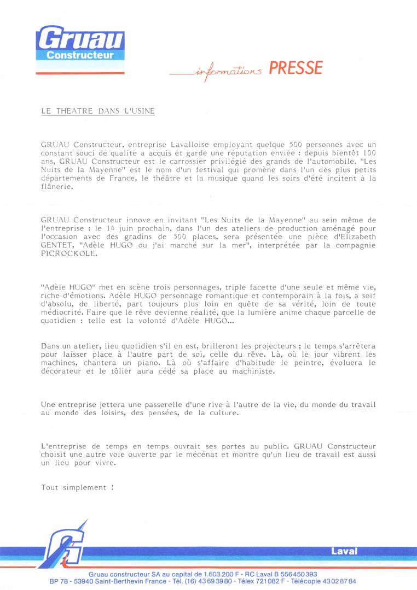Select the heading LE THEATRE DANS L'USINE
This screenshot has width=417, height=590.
[x=98, y=111]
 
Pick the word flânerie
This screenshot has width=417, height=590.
[x=57, y=186]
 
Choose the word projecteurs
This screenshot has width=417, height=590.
[x=269, y=346]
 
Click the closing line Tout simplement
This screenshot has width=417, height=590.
[x=77, y=487]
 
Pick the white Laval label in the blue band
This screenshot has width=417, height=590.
[x=344, y=551]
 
